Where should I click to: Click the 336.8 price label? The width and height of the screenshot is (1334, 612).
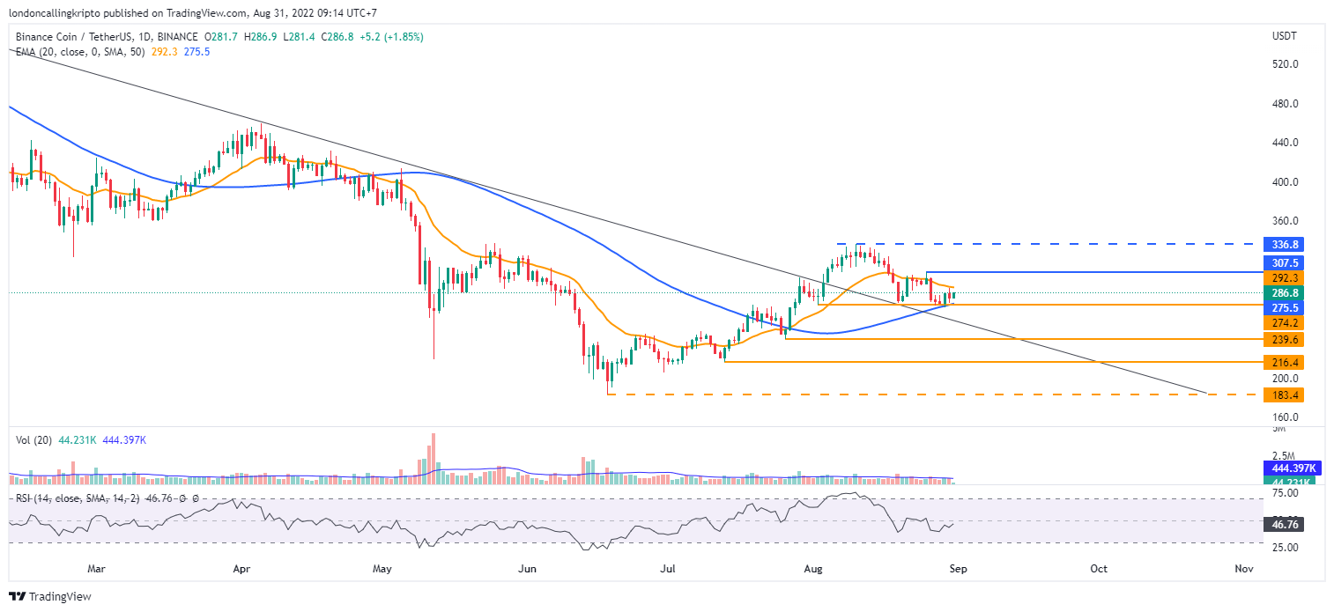click(1282, 244)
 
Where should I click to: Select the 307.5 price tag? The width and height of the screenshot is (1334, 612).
click(1282, 262)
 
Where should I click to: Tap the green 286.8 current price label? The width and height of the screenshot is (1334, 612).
click(1282, 292)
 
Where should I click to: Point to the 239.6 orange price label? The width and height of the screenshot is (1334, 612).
click(1282, 339)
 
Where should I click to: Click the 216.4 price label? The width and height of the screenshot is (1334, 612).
click(1282, 362)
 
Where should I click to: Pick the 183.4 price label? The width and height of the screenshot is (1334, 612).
click(1282, 394)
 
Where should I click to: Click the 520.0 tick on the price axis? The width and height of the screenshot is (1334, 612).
click(1286, 64)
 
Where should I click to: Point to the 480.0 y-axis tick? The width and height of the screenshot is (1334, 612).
click(1286, 104)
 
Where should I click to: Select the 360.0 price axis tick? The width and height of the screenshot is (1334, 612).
click(1286, 221)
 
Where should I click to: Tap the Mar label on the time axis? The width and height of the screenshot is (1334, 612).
click(97, 569)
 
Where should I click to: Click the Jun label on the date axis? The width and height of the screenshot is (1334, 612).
click(527, 569)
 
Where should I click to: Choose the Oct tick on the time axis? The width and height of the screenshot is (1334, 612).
click(1099, 569)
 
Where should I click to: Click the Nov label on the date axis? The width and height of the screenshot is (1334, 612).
click(1243, 569)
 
